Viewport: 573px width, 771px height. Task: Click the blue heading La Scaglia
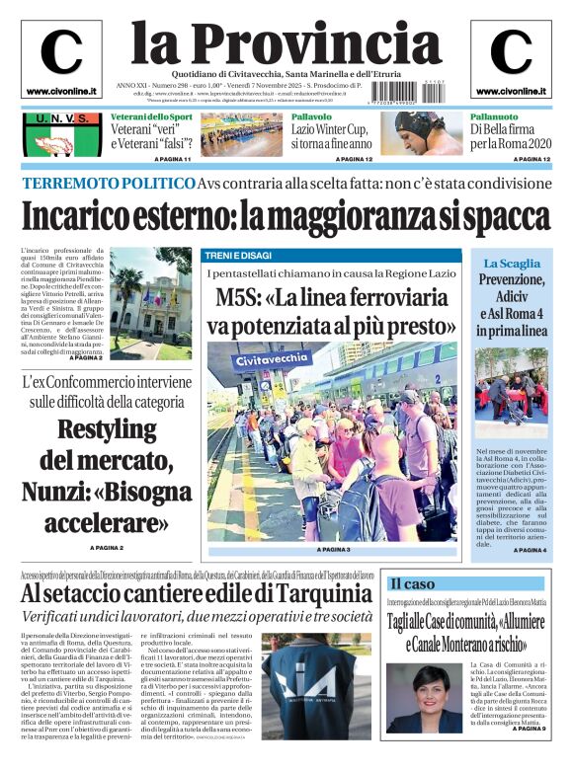coord(511,264)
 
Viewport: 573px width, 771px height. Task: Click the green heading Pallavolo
coord(311,116)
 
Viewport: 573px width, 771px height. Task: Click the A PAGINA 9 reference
coord(529,729)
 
